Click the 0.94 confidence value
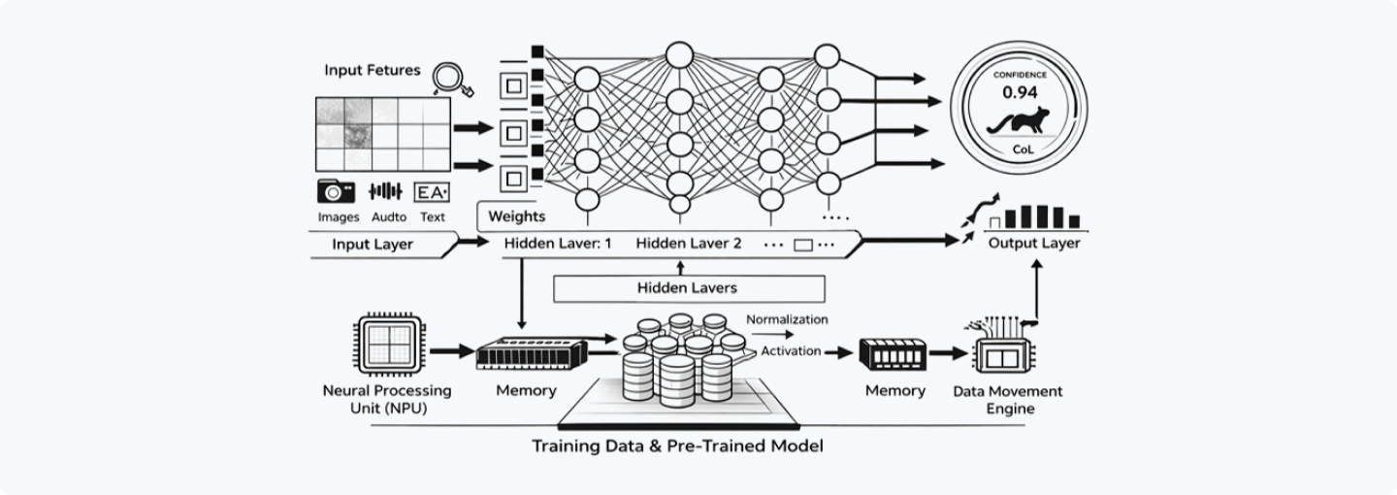pyautogui.click(x=1019, y=94)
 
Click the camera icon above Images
pyautogui.click(x=336, y=191)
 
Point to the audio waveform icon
pyautogui.click(x=385, y=191)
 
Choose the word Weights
pyautogui.click(x=518, y=216)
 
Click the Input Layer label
pyautogui.click(x=373, y=244)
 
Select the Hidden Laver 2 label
pyautogui.click(x=689, y=243)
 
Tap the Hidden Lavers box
pyautogui.click(x=688, y=287)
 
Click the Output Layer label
pyautogui.click(x=1033, y=243)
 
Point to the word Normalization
pyautogui.click(x=787, y=318)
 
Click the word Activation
pyautogui.click(x=792, y=350)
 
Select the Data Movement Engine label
pyautogui.click(x=1007, y=400)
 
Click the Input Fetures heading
pyautogui.click(x=373, y=70)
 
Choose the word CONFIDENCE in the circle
pyautogui.click(x=1019, y=74)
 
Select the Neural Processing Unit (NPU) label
pyautogui.click(x=386, y=399)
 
